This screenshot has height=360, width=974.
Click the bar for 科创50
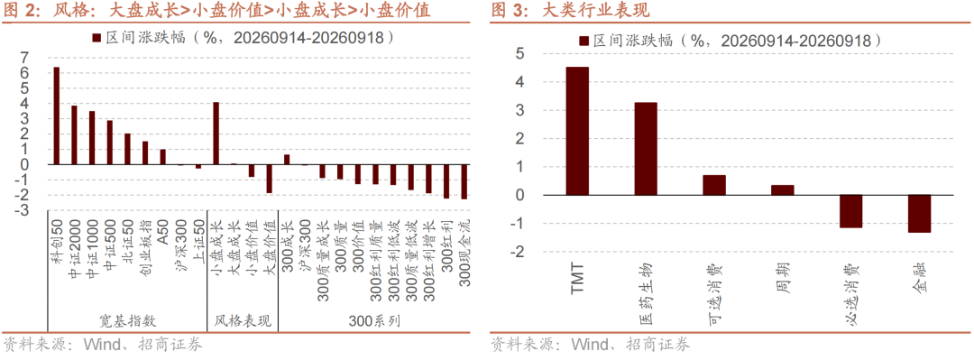(57, 115)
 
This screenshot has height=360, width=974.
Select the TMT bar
(577, 131)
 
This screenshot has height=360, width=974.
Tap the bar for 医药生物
(646, 149)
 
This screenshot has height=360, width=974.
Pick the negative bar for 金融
(919, 214)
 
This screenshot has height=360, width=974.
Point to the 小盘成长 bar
(216, 133)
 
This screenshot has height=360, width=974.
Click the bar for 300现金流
(464, 181)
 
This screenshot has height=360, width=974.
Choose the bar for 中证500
(109, 143)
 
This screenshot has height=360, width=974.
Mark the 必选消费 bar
(851, 211)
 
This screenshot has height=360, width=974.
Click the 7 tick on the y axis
(25, 58)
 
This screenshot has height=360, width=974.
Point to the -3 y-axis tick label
(22, 211)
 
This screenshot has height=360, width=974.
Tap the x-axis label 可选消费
(714, 293)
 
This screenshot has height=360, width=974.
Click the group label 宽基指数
(127, 321)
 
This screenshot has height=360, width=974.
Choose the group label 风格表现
(243, 321)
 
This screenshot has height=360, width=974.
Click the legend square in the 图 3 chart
(583, 41)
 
